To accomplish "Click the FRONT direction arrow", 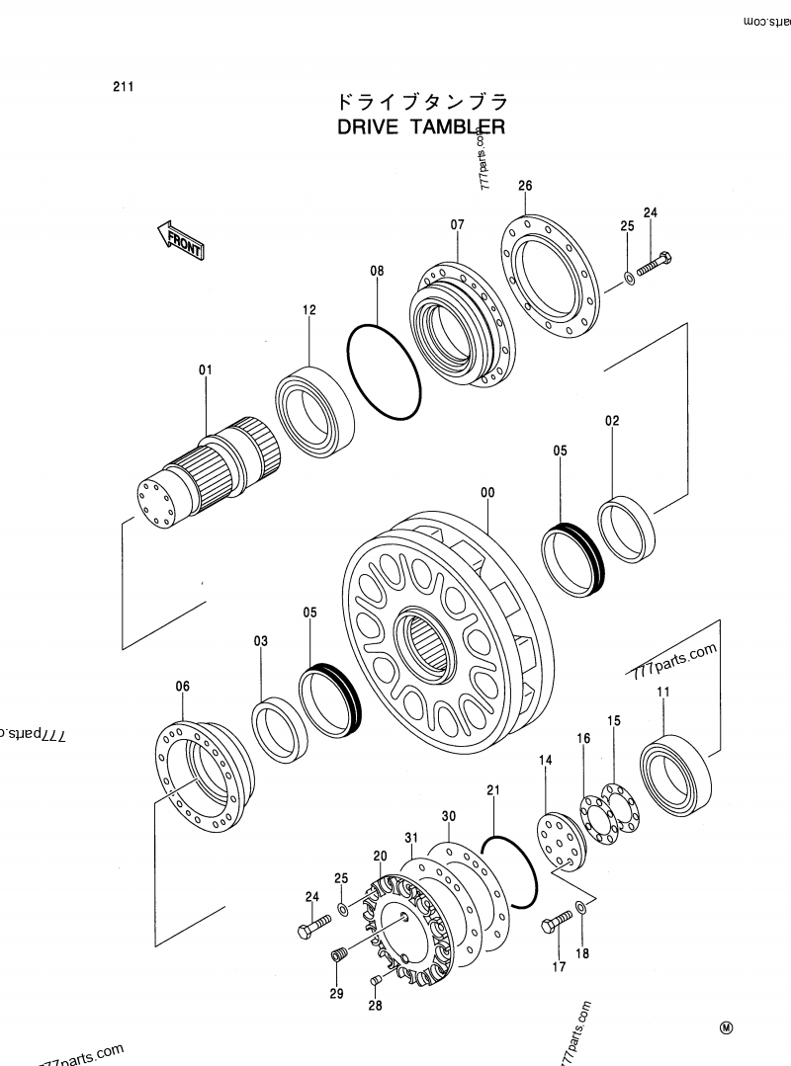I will [x=179, y=240].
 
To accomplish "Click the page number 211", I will [x=124, y=86].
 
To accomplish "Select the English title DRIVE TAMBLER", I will [x=421, y=127].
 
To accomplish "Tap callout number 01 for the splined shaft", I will [x=206, y=370].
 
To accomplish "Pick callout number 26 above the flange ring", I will [x=525, y=186].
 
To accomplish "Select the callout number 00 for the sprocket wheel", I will [x=487, y=492].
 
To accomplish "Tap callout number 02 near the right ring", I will [x=612, y=420].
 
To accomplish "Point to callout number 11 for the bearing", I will [x=662, y=692].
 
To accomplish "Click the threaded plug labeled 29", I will [x=339, y=958].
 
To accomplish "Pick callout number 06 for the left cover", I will [x=183, y=686].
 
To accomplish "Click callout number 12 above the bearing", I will [x=309, y=310].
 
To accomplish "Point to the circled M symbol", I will [x=727, y=1028].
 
